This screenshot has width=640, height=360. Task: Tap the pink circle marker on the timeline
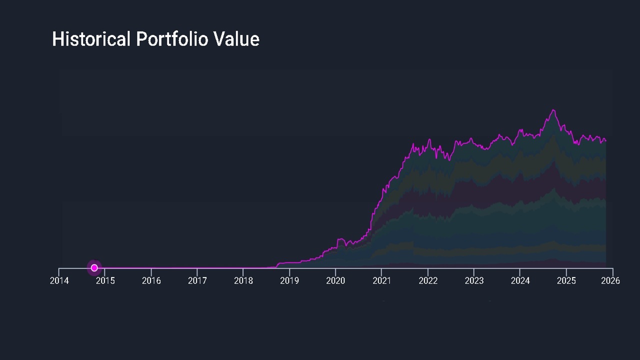click(x=94, y=268)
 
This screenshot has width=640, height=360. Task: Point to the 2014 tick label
click(x=59, y=280)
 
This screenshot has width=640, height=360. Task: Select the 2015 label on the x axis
click(x=105, y=280)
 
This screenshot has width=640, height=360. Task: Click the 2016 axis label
click(x=151, y=280)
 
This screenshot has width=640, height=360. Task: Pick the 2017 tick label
click(x=197, y=280)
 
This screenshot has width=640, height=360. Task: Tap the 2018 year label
click(x=243, y=280)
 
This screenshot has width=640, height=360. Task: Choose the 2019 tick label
click(x=289, y=280)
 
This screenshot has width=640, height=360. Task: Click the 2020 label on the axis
click(x=335, y=280)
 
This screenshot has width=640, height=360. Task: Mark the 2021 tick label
click(x=381, y=280)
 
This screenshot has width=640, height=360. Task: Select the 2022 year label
click(x=427, y=280)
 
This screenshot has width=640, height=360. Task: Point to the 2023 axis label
click(x=474, y=280)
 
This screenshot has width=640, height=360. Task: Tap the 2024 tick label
click(x=520, y=280)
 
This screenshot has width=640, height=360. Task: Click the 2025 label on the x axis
click(x=566, y=280)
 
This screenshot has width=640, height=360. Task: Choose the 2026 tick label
click(x=610, y=280)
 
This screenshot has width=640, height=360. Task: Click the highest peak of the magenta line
click(x=553, y=110)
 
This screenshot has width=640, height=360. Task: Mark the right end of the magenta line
click(x=606, y=141)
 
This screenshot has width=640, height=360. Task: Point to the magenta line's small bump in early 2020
click(x=340, y=239)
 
